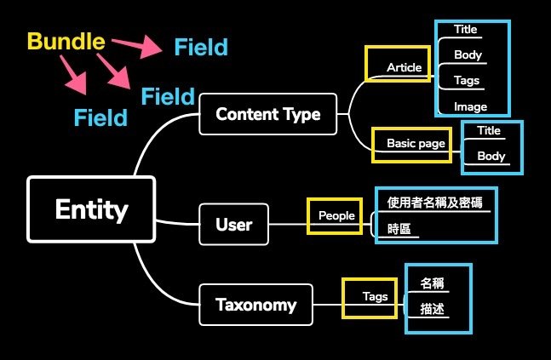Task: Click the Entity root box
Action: [x=91, y=209]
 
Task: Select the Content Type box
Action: [x=267, y=114]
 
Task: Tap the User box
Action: [x=233, y=226]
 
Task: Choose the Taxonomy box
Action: [x=255, y=305]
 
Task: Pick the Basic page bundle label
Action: [x=416, y=143]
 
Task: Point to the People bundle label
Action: [x=336, y=215]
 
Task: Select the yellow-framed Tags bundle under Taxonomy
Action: [x=374, y=297]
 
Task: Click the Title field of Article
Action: [x=465, y=30]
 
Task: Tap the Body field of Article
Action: [x=468, y=55]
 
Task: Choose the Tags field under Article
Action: [x=467, y=81]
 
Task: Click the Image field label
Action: [x=470, y=107]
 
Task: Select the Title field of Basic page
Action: [x=489, y=131]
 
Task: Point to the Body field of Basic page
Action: [x=491, y=157]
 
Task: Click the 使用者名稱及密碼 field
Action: [x=434, y=203]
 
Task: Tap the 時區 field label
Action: [x=399, y=229]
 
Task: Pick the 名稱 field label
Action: [x=433, y=283]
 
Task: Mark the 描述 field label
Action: [x=433, y=310]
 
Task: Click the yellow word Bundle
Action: [x=66, y=41]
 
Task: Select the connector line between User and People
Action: [x=288, y=225]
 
